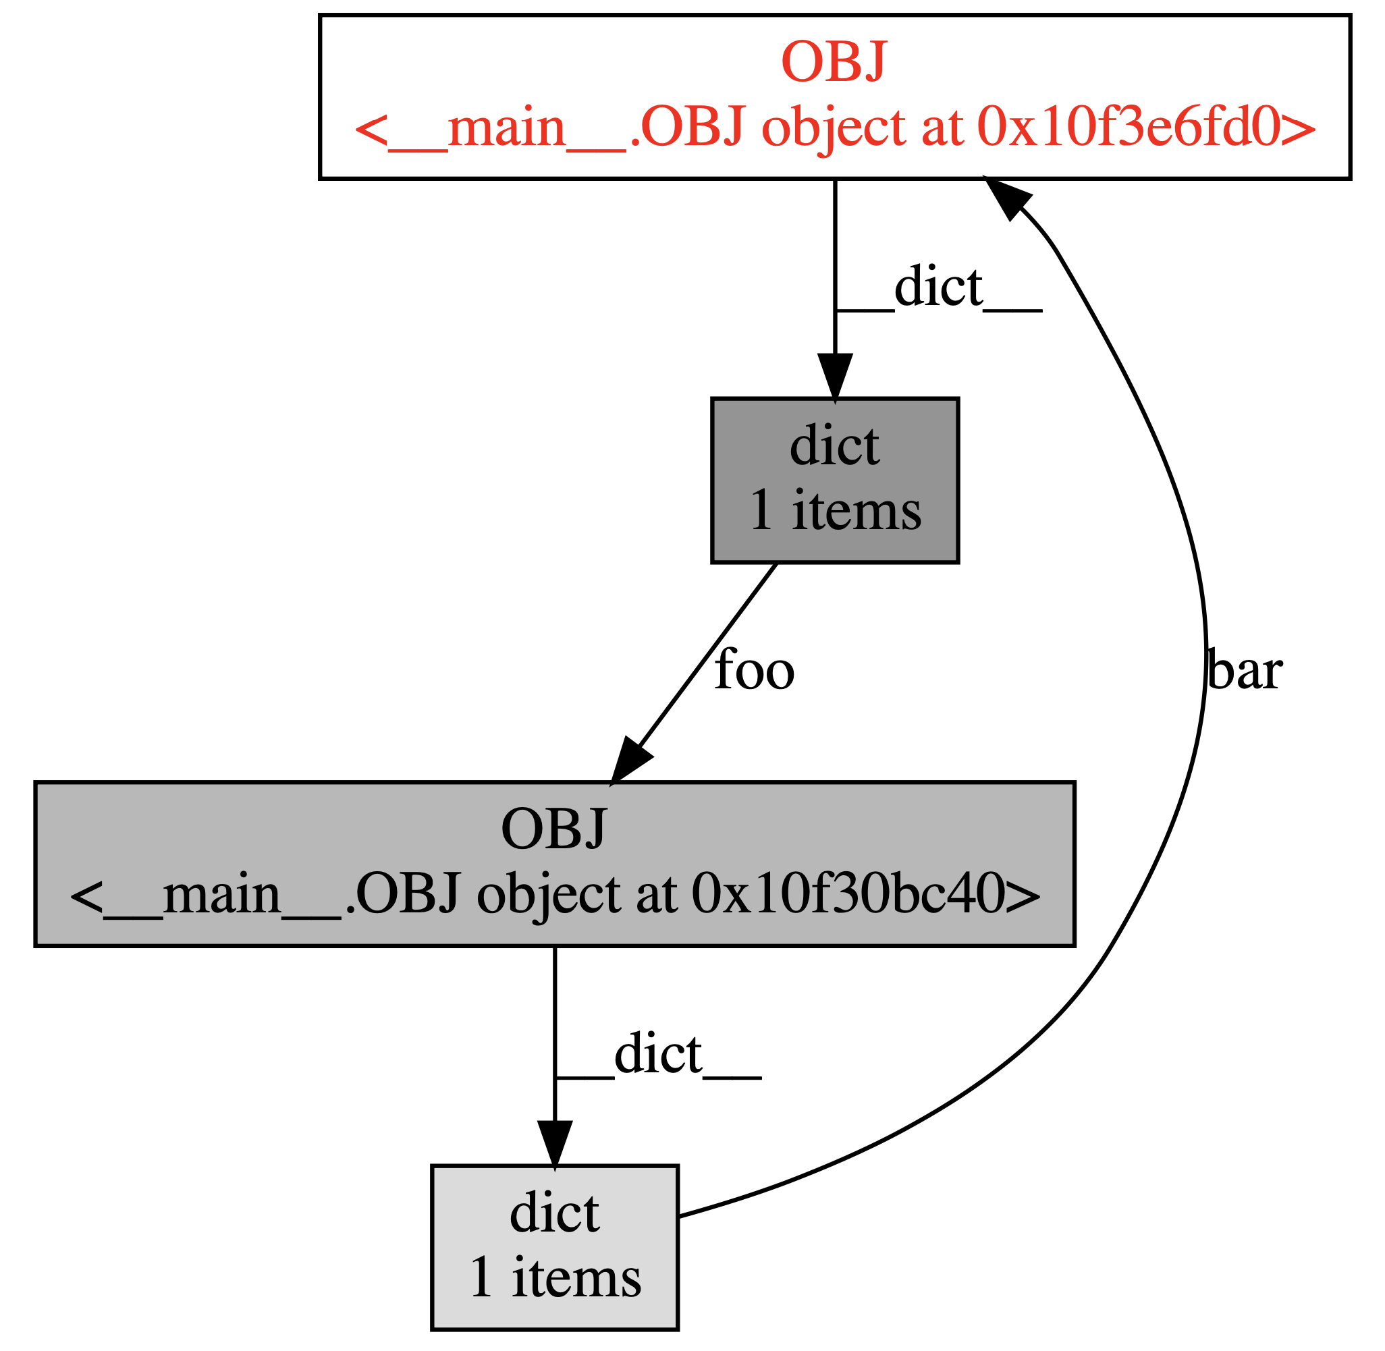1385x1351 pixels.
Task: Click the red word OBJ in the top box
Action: click(834, 64)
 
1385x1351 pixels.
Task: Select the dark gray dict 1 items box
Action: click(834, 481)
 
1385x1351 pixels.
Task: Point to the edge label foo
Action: click(753, 671)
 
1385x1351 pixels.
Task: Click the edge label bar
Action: click(1243, 671)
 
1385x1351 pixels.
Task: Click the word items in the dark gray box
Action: click(856, 511)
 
